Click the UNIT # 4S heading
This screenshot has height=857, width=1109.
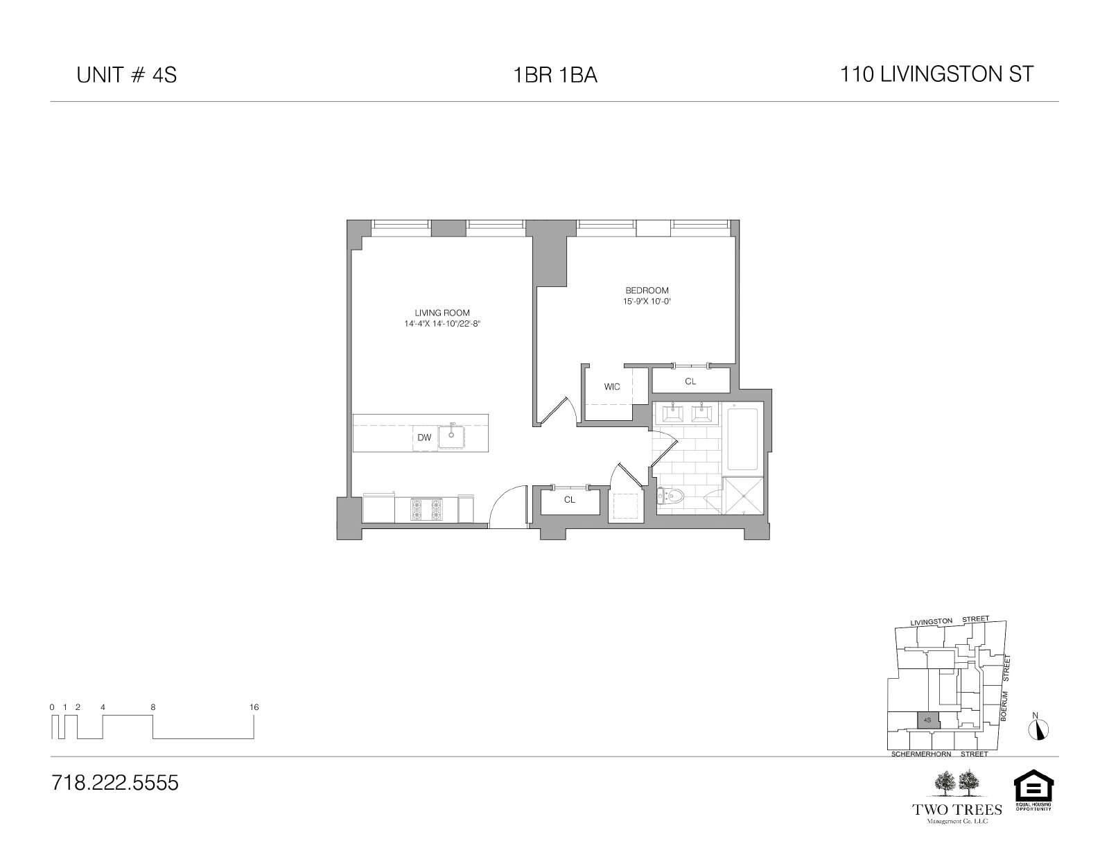point(127,75)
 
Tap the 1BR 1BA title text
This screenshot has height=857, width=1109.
point(554,75)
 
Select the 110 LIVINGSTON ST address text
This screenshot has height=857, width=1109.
point(936,74)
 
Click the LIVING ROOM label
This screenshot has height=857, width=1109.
point(442,313)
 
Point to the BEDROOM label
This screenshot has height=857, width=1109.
point(647,291)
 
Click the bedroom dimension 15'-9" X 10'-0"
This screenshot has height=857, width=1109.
point(647,302)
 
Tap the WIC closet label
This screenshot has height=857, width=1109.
point(612,387)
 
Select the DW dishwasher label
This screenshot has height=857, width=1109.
point(424,438)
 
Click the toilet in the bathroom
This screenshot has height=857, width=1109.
point(671,496)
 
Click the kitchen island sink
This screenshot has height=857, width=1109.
point(451,436)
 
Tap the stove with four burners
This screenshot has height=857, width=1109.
point(426,510)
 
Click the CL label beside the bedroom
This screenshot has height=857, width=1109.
point(690,381)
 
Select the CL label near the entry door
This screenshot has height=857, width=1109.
point(570,500)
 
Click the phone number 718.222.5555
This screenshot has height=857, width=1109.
point(115,783)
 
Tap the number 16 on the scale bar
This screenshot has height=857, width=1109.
point(254,707)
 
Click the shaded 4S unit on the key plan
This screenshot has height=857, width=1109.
point(928,720)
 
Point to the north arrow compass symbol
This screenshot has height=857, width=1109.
point(1038,728)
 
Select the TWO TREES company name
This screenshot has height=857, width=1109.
point(957,810)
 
